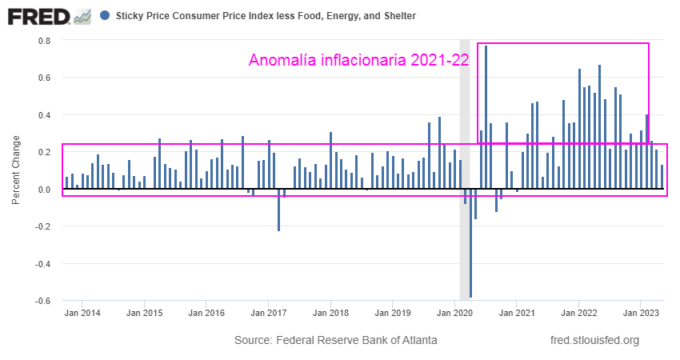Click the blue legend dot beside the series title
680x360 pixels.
106,15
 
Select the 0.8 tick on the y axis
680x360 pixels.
45,41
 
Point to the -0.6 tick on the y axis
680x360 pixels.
43,301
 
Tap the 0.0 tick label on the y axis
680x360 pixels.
45,190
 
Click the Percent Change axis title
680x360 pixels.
16,170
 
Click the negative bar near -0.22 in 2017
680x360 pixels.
278,210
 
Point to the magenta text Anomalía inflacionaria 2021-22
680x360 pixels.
358,60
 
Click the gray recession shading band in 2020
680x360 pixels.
464,120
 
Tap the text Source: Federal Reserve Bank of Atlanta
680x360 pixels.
336,340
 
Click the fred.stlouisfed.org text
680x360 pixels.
595,340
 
